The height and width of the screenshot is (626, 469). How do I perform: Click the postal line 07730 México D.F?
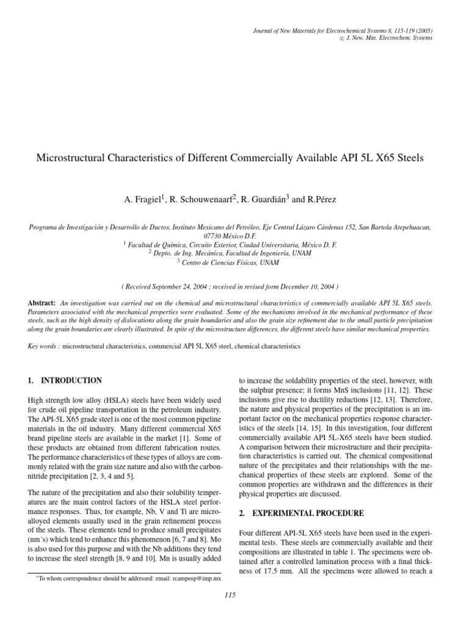[x=234, y=235]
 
